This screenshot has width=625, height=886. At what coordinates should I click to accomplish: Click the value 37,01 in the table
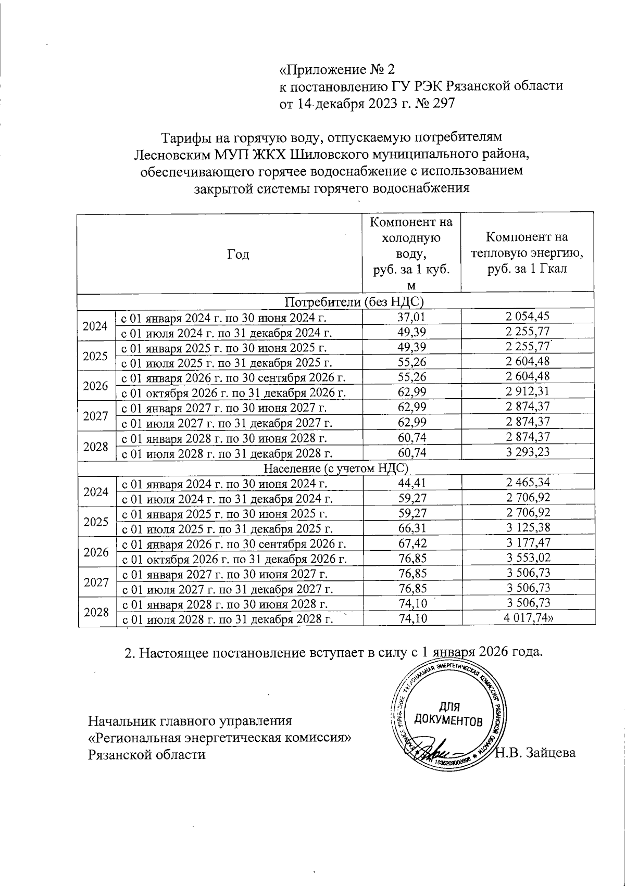pyautogui.click(x=411, y=316)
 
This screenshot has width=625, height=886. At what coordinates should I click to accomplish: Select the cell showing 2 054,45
pyautogui.click(x=528, y=316)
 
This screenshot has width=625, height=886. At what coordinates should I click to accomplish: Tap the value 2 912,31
pyautogui.click(x=528, y=391)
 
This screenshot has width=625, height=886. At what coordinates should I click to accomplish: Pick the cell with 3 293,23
pyautogui.click(x=528, y=452)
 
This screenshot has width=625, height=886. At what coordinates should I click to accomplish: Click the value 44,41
pyautogui.click(x=411, y=483)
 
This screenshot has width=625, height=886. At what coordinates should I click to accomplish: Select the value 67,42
pyautogui.click(x=411, y=543)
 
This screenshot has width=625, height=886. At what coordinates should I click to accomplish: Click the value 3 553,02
pyautogui.click(x=528, y=558)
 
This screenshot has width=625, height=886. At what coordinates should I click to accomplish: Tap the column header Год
pyautogui.click(x=238, y=254)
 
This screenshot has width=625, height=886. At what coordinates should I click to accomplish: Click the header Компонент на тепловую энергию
pyautogui.click(x=527, y=254)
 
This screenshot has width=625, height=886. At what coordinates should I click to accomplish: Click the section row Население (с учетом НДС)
pyautogui.click(x=335, y=468)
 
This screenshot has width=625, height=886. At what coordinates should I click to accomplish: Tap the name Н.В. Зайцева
pyautogui.click(x=535, y=753)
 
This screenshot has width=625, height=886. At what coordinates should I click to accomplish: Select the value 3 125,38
pyautogui.click(x=528, y=528)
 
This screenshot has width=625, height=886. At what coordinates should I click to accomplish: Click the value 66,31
pyautogui.click(x=411, y=528)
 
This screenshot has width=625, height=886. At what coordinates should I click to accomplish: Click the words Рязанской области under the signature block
pyautogui.click(x=146, y=754)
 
